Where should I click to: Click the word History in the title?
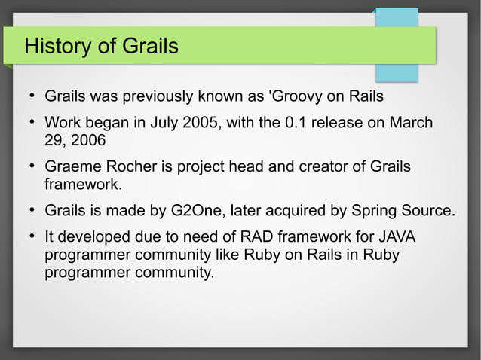57,46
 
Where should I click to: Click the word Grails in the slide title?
150,46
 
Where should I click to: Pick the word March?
411,123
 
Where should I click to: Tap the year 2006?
88,140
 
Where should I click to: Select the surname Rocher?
132,166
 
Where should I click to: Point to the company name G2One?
196,211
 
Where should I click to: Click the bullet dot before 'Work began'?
32,122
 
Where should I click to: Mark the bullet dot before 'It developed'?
32,236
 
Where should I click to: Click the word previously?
158,97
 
